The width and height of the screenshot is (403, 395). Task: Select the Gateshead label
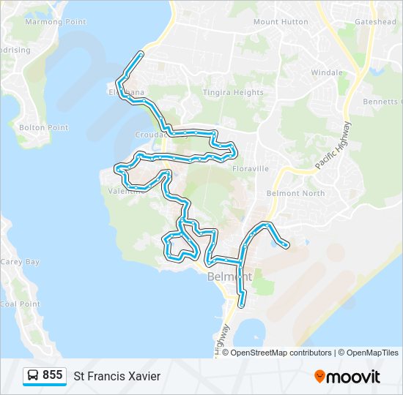pyautogui.click(x=375, y=22)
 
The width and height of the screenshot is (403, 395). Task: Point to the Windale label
pyautogui.click(x=327, y=72)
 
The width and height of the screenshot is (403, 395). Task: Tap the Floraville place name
pyautogui.click(x=251, y=168)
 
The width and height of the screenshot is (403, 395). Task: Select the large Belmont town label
pyautogui.click(x=229, y=276)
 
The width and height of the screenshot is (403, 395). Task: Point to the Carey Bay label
pyautogui.click(x=21, y=262)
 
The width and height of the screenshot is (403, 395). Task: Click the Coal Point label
pyautogui.click(x=20, y=304)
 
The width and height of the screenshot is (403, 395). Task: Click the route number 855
pyautogui.click(x=52, y=375)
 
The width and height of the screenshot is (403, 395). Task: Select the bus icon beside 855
pyautogui.click(x=34, y=375)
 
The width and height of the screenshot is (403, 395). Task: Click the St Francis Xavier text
pyautogui.click(x=117, y=376)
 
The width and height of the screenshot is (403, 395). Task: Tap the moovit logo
pyautogui.click(x=347, y=376)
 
